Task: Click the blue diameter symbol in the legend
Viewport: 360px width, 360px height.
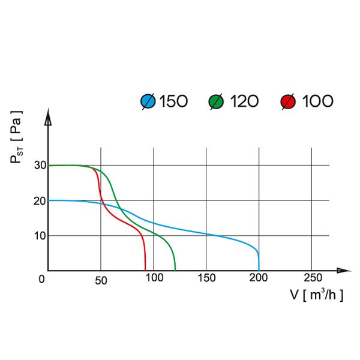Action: point(148,101)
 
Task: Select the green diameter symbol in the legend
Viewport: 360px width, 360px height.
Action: point(216,101)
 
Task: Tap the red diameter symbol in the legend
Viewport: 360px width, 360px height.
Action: point(288,101)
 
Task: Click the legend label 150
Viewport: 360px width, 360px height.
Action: point(173,101)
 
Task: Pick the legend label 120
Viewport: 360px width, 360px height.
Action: point(244,101)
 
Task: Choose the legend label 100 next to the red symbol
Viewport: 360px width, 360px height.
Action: point(317,101)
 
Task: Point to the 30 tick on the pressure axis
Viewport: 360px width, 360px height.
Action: point(39,166)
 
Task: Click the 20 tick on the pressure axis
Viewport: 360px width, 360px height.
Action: point(39,200)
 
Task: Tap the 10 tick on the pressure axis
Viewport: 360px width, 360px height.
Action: point(39,235)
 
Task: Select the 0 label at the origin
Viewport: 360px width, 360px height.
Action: point(41,279)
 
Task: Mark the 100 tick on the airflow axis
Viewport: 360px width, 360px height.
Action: point(154,278)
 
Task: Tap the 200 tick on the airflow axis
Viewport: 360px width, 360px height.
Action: point(259,278)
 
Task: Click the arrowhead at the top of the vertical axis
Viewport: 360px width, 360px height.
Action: point(48,116)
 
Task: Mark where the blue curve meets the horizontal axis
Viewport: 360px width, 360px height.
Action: point(259,270)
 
